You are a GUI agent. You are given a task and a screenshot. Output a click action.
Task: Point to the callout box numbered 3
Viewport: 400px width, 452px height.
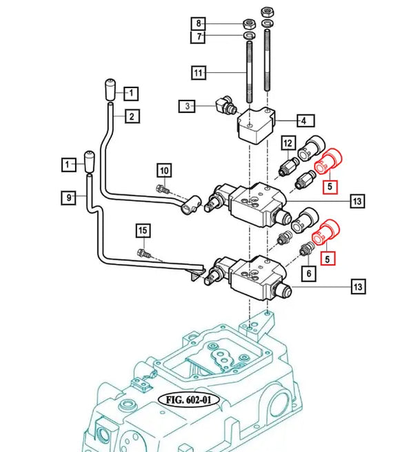187,106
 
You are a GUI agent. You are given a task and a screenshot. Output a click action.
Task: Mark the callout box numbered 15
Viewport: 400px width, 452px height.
141,229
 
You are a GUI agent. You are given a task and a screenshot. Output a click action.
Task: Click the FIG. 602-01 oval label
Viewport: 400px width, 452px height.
187,399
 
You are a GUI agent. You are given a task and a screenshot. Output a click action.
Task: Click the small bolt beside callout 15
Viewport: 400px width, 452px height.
143,252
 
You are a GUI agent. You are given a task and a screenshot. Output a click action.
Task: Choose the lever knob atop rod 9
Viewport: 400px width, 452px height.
89,161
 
